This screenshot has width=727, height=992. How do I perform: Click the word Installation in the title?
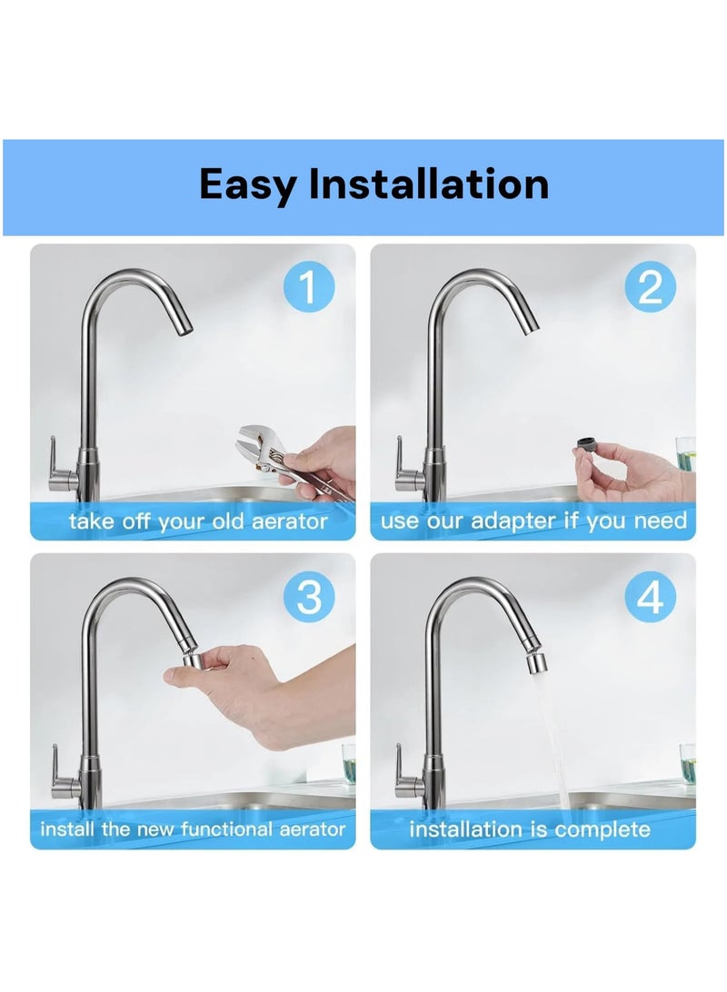coord(428,184)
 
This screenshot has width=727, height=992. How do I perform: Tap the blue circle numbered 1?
coord(308,286)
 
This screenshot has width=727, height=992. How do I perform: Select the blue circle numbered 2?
coord(650,286)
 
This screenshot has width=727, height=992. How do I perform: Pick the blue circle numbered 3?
coord(309,596)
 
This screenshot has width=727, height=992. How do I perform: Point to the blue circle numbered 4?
coord(650,596)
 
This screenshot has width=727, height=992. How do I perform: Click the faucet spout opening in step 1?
coord(184,328)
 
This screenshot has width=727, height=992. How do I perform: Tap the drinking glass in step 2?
coord(685,453)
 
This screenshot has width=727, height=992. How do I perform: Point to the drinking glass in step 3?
coord(349,764)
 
